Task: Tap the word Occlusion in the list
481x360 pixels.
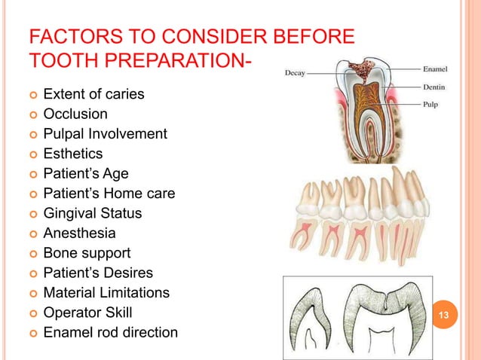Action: pos(75,114)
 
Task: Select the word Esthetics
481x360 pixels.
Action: pos(73,154)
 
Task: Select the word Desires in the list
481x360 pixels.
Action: pos(127,273)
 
